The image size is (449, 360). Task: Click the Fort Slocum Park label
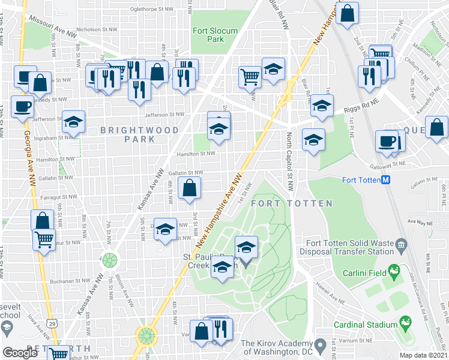pos(215,35)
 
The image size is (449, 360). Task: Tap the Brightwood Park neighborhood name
pos(139,134)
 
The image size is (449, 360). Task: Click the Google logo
pos(20,352)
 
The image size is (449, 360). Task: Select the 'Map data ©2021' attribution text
pos(423,355)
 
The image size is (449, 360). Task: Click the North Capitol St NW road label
pos(290,161)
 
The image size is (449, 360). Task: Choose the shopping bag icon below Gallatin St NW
pos(190,188)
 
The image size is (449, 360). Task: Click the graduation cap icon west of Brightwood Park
pos(73,122)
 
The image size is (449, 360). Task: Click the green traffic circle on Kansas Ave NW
pos(110,260)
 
